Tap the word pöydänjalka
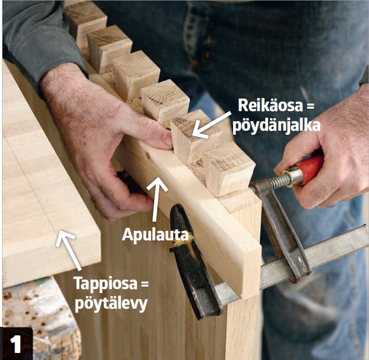coord(276,126)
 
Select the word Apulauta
coord(156,234)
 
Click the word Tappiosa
coord(105,284)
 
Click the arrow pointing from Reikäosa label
coord(211,125)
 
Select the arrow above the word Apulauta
coord(156,199)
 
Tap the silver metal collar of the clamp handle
coord(292,176)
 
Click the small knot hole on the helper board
coord(148,155)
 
